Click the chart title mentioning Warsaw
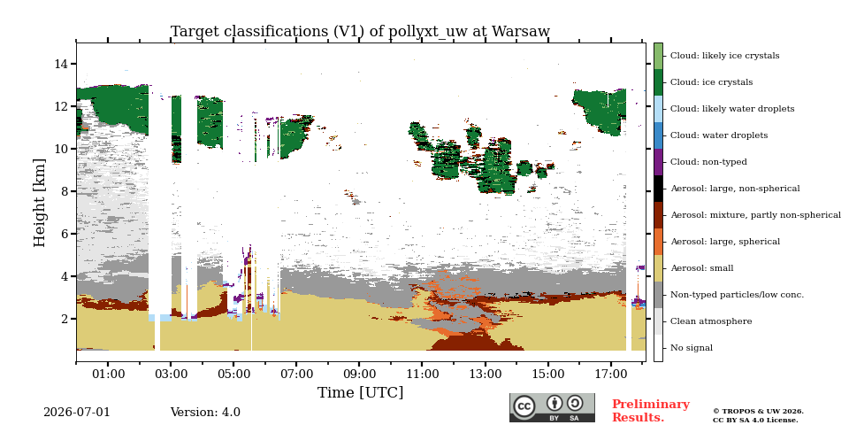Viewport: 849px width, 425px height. pyautogui.click(x=360, y=32)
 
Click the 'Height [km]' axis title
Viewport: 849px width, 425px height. pyautogui.click(x=40, y=203)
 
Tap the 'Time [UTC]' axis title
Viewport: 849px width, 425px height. pyautogui.click(x=360, y=392)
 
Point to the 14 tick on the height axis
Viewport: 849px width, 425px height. pyautogui.click(x=61, y=64)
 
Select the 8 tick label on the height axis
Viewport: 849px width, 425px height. pyautogui.click(x=65, y=191)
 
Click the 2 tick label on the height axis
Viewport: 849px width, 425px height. pyautogui.click(x=65, y=319)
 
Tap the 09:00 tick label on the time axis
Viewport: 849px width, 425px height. pyautogui.click(x=360, y=374)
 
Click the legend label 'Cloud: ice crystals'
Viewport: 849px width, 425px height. pyautogui.click(x=711, y=82)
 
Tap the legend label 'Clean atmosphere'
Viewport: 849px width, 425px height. pyautogui.click(x=711, y=321)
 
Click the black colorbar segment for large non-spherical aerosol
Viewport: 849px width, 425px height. pyautogui.click(x=658, y=189)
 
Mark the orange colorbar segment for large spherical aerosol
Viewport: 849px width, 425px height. pyautogui.click(x=658, y=242)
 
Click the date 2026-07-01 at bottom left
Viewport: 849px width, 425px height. pyautogui.click(x=76, y=412)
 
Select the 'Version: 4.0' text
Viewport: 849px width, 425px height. pyautogui.click(x=205, y=412)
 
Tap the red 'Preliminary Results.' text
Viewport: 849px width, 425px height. pyautogui.click(x=651, y=411)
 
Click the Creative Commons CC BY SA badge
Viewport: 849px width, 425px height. pyautogui.click(x=552, y=407)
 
